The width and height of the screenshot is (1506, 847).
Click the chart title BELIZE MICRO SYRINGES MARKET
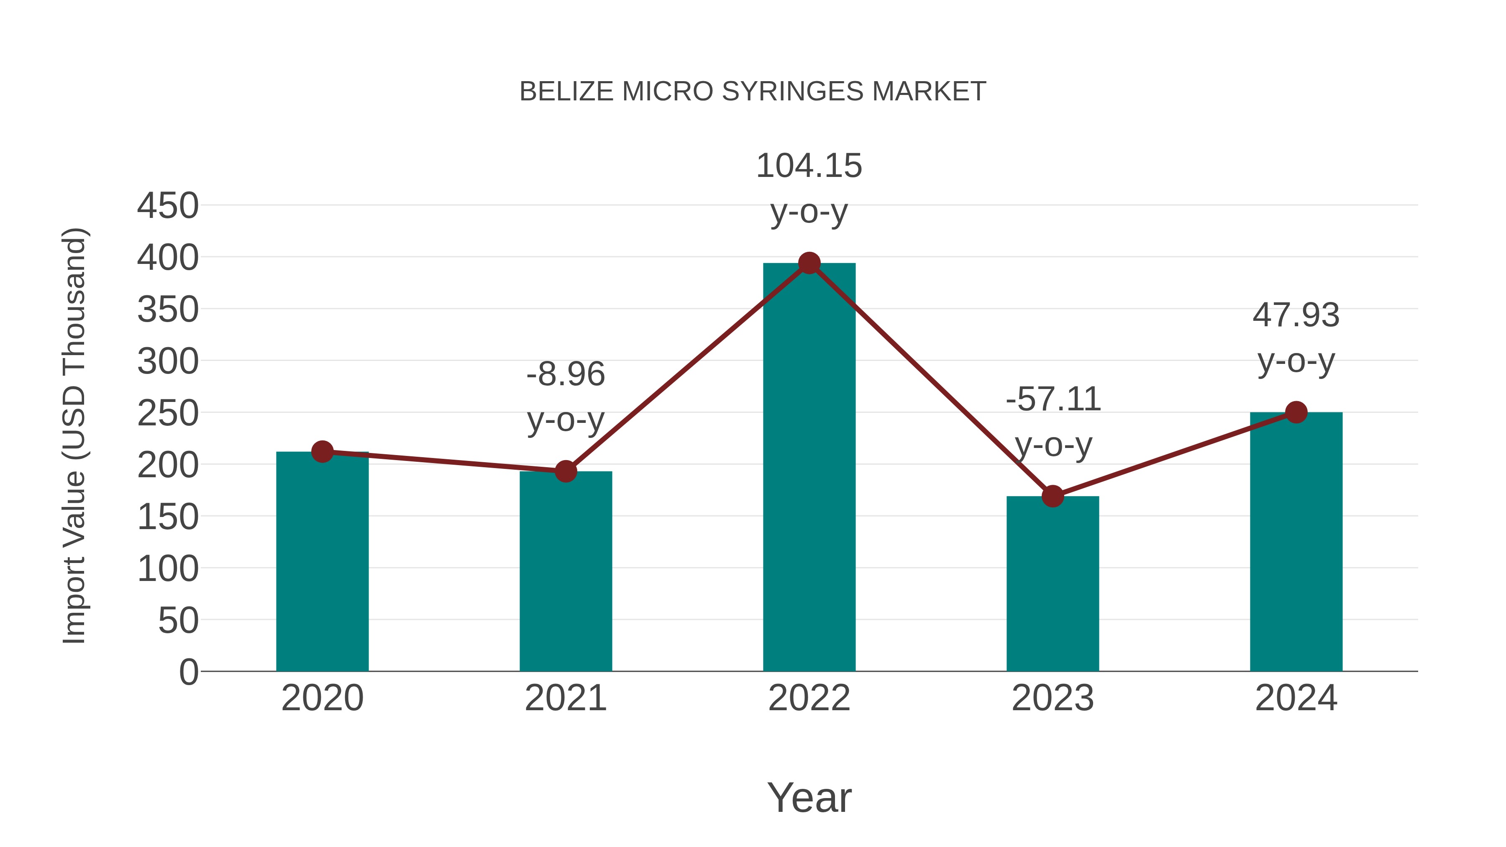753,92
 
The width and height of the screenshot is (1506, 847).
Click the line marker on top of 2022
809,264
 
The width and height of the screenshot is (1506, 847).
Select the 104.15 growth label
809,166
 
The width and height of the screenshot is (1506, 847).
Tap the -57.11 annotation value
1053,400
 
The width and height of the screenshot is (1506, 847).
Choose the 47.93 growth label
1296,316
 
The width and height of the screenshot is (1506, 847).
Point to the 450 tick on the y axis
168,206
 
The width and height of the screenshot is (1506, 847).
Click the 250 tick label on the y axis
168,413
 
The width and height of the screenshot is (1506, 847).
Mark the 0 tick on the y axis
188,672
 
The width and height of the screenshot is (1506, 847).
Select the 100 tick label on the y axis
168,569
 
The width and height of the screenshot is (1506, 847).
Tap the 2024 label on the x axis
1296,698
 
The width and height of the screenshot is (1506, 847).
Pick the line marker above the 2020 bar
322,452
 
